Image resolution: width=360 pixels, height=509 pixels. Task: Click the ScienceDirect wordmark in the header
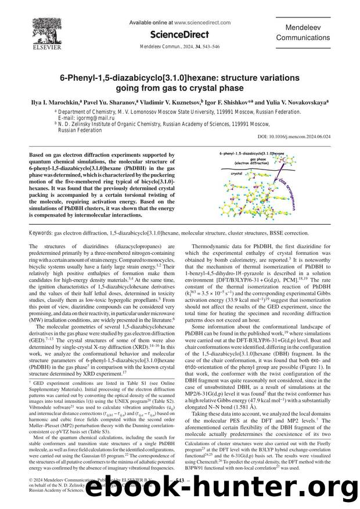[x=179, y=35]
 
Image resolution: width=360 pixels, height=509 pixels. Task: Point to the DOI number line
[x=303, y=137]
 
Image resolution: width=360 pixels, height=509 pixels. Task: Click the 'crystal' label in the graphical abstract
[x=236, y=173]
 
